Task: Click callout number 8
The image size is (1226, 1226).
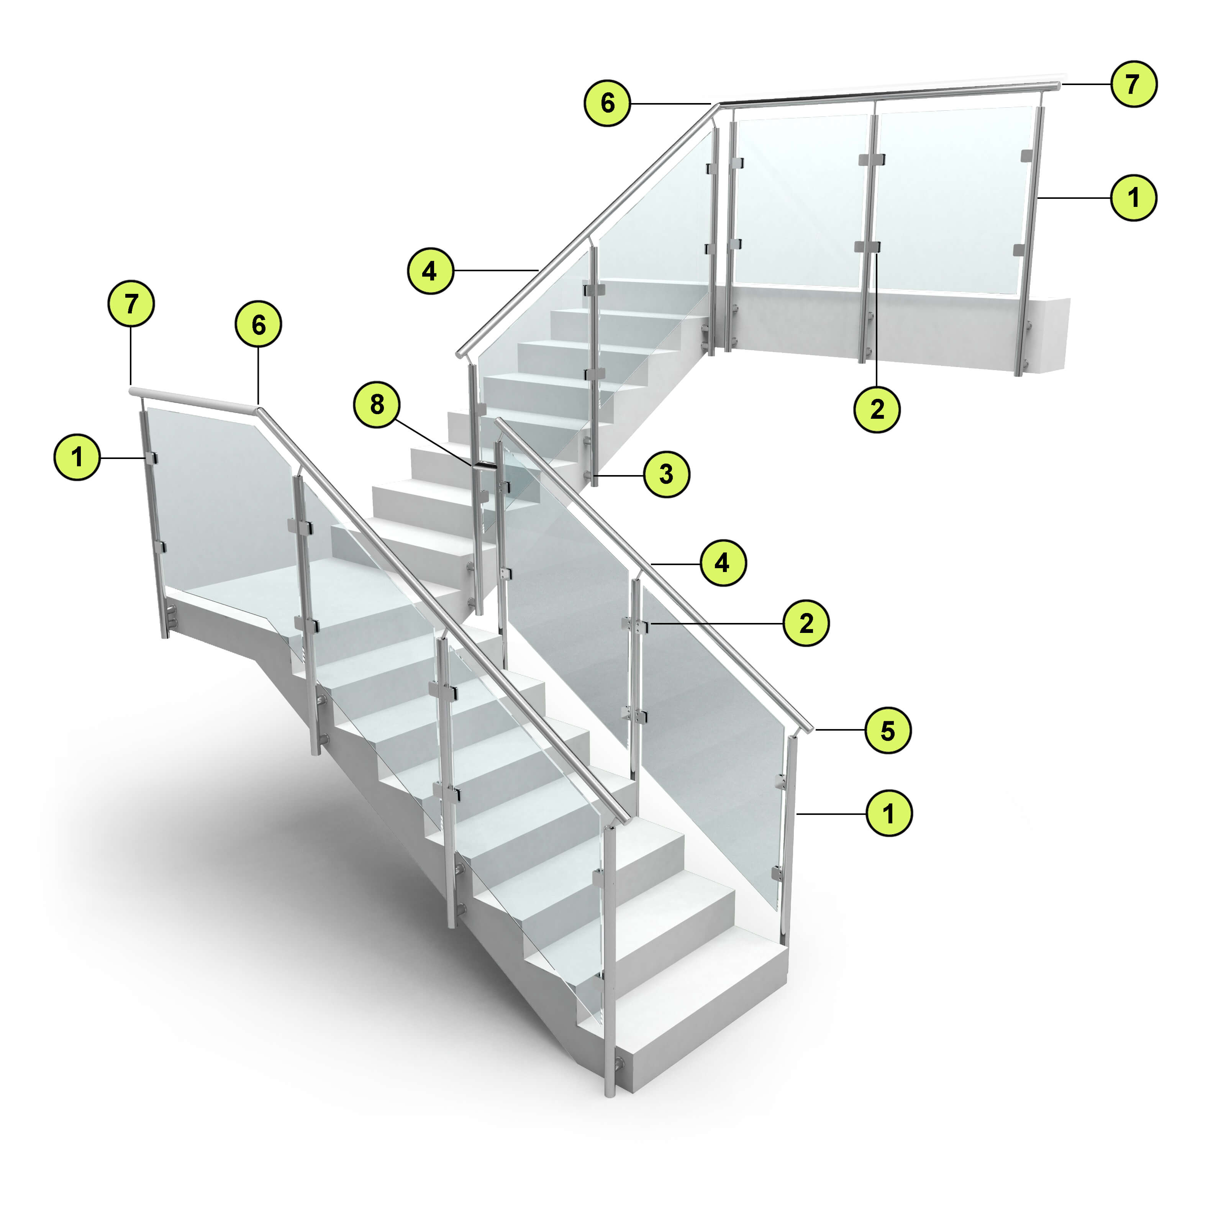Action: [377, 404]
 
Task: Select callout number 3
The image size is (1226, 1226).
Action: [666, 474]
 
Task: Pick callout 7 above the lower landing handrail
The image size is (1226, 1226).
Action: [131, 304]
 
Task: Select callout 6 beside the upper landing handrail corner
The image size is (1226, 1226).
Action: [607, 103]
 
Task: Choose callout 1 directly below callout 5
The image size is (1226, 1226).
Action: [888, 813]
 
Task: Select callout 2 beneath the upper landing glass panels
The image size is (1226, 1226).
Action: [877, 409]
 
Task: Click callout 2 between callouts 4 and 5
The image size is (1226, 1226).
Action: [806, 623]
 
